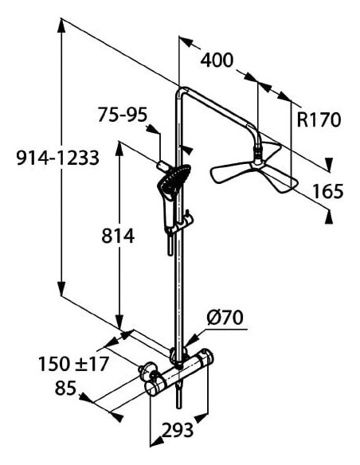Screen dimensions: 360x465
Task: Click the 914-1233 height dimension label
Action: click(58, 158)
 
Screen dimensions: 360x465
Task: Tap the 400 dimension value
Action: click(217, 61)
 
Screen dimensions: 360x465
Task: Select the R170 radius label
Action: click(319, 119)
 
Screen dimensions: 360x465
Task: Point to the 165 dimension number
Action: click(328, 191)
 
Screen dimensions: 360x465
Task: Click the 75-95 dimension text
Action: click(123, 115)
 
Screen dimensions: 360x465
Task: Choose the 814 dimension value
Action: click(118, 236)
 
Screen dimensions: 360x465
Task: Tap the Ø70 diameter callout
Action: click(225, 318)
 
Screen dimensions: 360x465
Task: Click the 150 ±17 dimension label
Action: click(73, 364)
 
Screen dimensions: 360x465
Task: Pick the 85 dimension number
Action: click(65, 388)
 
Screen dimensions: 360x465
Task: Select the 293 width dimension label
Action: click(178, 430)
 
